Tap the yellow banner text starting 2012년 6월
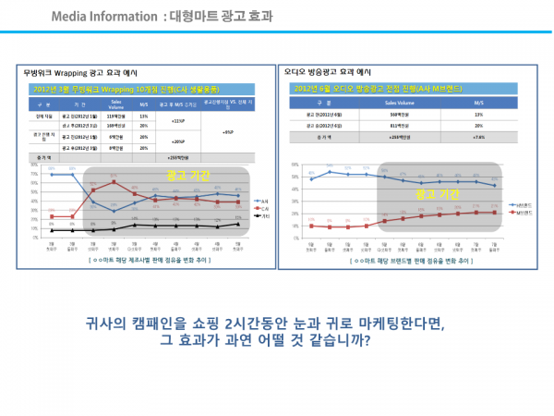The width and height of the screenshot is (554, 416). pyautogui.click(x=360, y=89)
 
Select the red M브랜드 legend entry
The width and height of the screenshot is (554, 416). pyautogui.click(x=521, y=213)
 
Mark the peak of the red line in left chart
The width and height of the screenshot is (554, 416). pyautogui.click(x=113, y=181)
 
